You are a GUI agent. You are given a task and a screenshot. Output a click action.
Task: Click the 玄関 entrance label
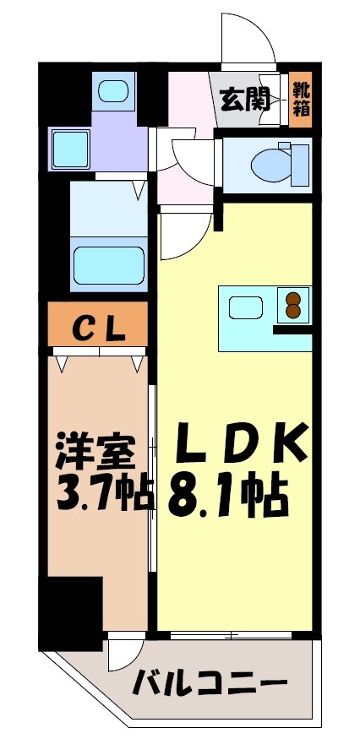pyautogui.click(x=246, y=100)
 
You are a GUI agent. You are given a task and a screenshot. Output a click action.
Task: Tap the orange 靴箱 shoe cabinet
pyautogui.click(x=300, y=99)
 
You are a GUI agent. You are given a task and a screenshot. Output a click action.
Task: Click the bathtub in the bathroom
pyautogui.click(x=111, y=265)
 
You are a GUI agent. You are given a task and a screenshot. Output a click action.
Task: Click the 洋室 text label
pyautogui.click(x=95, y=452)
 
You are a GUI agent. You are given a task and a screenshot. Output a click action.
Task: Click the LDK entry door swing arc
pyautogui.click(x=184, y=236)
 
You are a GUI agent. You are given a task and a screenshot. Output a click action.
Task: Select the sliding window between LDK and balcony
pyautogui.click(x=233, y=633)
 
